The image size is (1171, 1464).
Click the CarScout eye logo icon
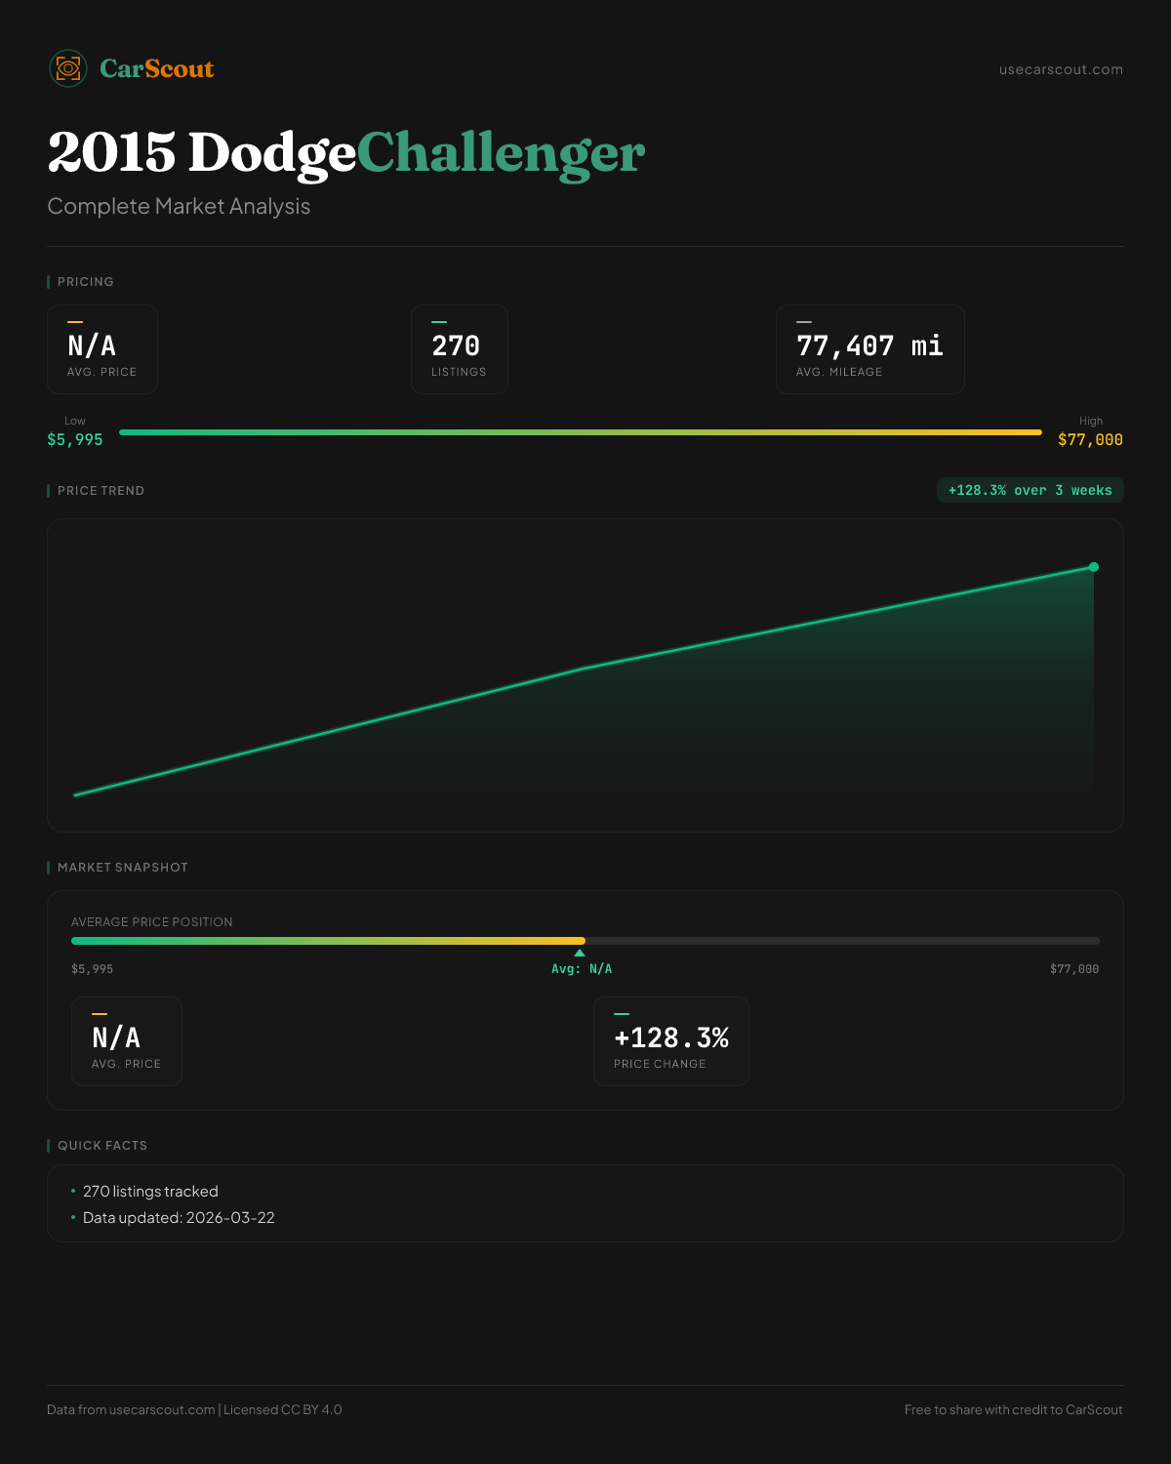pyautogui.click(x=68, y=68)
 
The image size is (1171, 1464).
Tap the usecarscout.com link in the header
pyautogui.click(x=1061, y=69)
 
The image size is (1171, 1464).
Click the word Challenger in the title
pyautogui.click(x=501, y=153)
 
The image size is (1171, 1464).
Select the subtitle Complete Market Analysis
pyautogui.click(x=179, y=207)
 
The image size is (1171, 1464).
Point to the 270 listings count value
pyautogui.click(x=456, y=346)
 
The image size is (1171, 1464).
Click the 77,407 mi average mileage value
pyautogui.click(x=869, y=346)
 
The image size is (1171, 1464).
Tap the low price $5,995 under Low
pyautogui.click(x=75, y=440)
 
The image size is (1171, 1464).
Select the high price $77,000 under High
pyautogui.click(x=1090, y=440)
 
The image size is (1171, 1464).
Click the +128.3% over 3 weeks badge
pyautogui.click(x=1030, y=491)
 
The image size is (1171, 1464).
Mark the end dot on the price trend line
pyautogui.click(x=1094, y=567)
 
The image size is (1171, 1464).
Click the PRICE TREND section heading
pyautogui.click(x=101, y=491)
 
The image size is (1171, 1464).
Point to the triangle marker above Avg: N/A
pyautogui.click(x=580, y=953)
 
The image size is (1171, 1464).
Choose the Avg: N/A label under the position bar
pyautogui.click(x=582, y=969)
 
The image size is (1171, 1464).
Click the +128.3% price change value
pyautogui.click(x=671, y=1038)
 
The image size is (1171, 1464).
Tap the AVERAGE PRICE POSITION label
pyautogui.click(x=152, y=922)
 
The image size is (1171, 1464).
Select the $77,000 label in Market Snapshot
pyautogui.click(x=1073, y=969)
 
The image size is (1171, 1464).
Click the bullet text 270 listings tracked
pyautogui.click(x=150, y=1192)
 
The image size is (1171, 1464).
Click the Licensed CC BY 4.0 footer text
pyautogui.click(x=283, y=1410)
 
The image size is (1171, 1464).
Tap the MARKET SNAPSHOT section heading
pyautogui.click(x=122, y=868)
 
